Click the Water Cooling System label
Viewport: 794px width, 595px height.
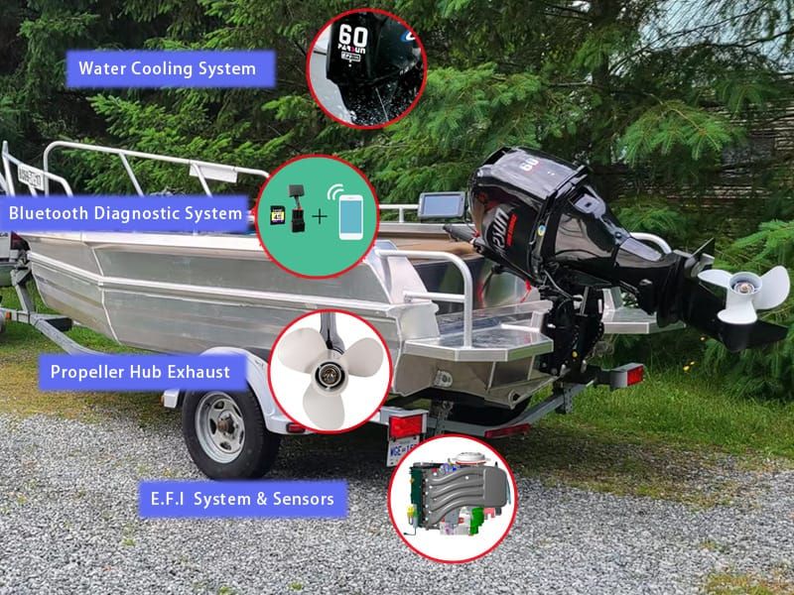[168, 69]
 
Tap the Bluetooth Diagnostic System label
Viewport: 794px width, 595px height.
[126, 213]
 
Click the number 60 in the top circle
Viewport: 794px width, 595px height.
[353, 41]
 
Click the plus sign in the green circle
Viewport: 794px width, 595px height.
[320, 213]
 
